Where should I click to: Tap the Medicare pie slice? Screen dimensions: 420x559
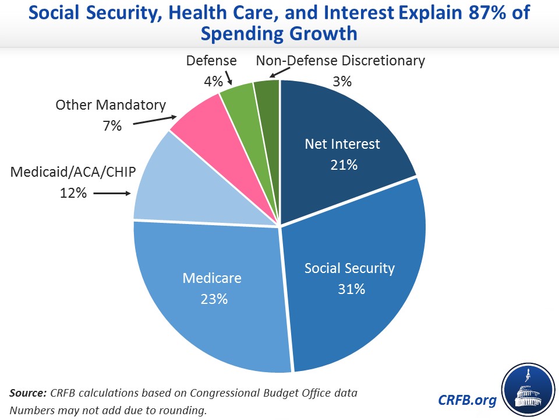pos(215,292)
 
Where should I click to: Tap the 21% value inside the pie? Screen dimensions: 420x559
pos(342,164)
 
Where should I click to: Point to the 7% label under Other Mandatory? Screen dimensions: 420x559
pos(111,125)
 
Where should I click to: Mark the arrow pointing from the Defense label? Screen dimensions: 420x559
pos(229,78)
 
